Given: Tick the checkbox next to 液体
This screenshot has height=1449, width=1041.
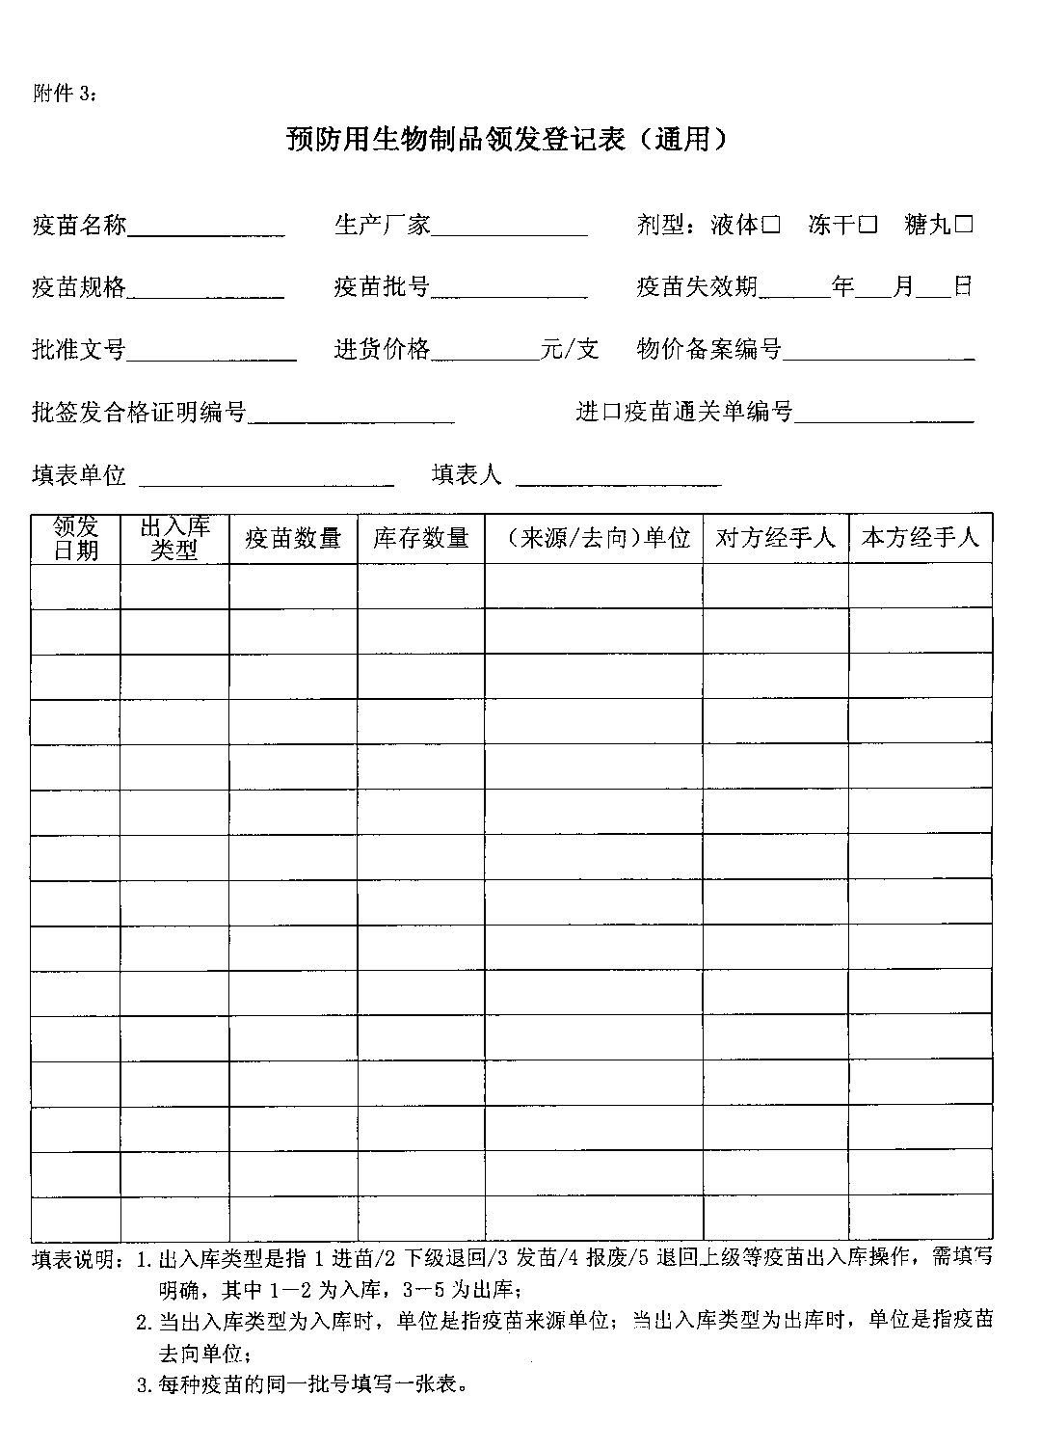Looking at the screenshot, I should coord(771,226).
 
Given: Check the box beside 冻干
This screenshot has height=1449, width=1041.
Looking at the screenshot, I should coord(868,226).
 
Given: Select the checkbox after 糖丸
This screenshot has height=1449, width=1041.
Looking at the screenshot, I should coord(964,226).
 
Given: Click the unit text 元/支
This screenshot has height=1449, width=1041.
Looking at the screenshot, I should coord(571,349).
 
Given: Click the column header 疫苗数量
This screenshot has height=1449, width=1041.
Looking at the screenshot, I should coord(293,538).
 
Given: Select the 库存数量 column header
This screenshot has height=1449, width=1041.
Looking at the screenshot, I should coord(421,538).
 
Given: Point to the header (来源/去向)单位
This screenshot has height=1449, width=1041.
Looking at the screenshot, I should coord(593,538).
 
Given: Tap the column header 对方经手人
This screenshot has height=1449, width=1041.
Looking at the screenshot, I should coord(775,538).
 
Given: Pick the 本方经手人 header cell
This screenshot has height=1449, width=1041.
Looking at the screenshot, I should coord(921,538).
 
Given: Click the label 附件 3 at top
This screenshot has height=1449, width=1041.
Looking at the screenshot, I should coord(65,94).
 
